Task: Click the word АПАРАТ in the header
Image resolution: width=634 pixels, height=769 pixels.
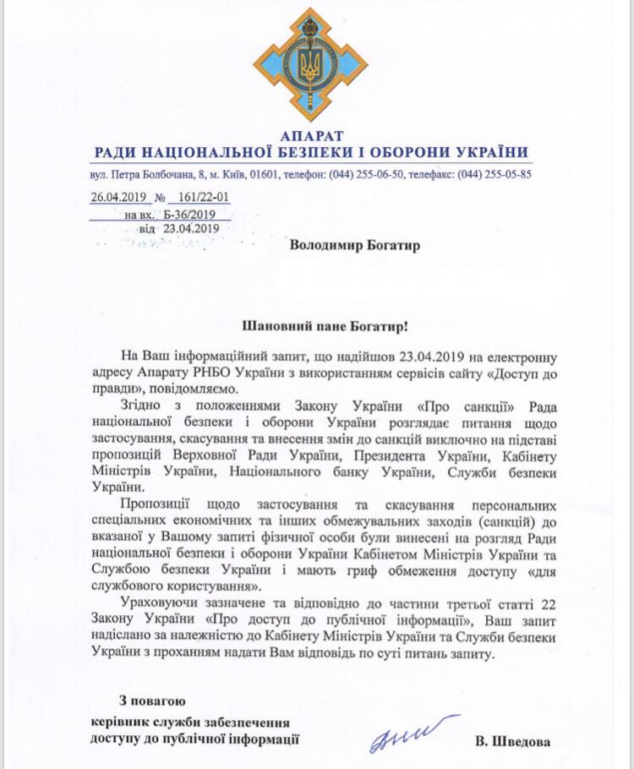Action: [x=311, y=135]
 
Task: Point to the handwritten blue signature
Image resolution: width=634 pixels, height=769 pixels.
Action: [x=411, y=735]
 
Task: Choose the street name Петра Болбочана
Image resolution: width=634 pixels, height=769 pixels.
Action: [x=147, y=175]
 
